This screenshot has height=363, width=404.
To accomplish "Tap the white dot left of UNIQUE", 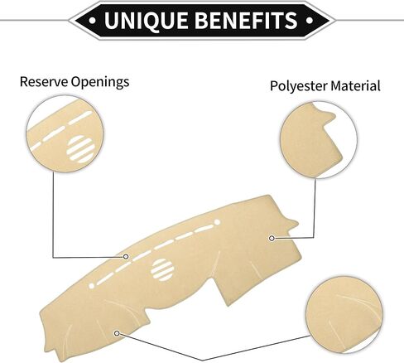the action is coord(93,20).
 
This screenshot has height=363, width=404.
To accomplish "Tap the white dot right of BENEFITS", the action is coord(310,20).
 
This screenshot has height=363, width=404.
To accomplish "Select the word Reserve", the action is coord(44,82).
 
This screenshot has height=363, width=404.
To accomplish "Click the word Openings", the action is coord(100,82).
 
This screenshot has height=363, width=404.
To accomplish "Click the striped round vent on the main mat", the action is coord(162,270).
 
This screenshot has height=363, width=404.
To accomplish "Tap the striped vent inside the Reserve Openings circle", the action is coord(80,149).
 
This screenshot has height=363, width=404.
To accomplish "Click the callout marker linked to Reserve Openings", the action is coord(126,257).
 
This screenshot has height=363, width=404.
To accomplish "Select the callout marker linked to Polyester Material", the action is coord(272,238).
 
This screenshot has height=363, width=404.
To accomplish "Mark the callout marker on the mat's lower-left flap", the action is coord(117,333).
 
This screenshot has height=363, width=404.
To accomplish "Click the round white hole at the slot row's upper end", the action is coord(217,222).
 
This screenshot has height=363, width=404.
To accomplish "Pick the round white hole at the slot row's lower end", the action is coord(92,286).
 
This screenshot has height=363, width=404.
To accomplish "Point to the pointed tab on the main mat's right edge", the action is coord(292,223).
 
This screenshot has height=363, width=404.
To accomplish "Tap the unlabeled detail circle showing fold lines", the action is coord(344,315).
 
